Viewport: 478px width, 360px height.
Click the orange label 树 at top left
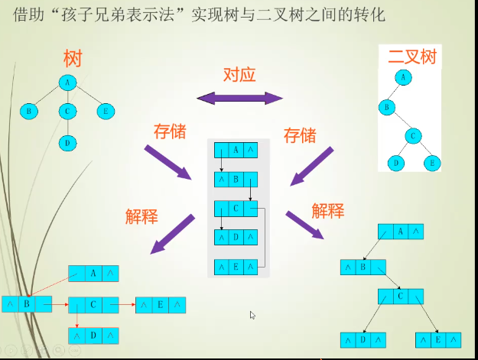coord(73,58)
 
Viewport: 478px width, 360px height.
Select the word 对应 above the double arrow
coord(239,75)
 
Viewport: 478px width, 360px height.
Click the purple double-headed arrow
coord(239,97)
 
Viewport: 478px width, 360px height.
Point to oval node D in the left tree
coord(68,142)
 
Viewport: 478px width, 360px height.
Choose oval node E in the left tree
coord(106,112)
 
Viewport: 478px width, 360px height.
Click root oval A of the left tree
coord(68,83)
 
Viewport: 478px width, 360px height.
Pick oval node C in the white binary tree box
coord(413,137)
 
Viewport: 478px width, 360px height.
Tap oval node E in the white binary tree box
coord(432,163)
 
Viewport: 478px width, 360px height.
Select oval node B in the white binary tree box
coord(387,106)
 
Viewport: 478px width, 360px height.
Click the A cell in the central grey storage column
coord(236,150)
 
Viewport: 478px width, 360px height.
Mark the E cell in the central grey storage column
coord(236,268)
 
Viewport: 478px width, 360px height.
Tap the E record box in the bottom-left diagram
coord(160,305)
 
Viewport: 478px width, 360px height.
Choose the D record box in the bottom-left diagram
coord(93,335)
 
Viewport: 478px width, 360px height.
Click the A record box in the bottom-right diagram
coord(401,231)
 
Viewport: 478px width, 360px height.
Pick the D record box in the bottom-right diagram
coord(363,339)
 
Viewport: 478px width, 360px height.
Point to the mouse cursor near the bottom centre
coord(252,314)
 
